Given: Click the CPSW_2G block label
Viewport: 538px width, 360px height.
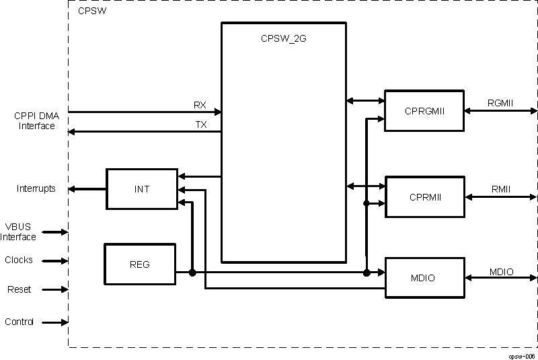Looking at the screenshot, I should (x=283, y=38).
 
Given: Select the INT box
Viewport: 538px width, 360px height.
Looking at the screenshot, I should (x=142, y=189).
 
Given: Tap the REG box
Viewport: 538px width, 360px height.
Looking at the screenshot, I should (x=139, y=264).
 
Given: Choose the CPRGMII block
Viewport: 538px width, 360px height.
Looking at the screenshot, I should (x=424, y=110).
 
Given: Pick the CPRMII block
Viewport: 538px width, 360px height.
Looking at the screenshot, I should (x=424, y=196).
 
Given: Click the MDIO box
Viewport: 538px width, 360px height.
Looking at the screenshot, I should (x=424, y=277).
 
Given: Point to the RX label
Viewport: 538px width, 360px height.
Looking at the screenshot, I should (x=200, y=105).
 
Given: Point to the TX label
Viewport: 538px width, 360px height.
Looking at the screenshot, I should (x=200, y=124).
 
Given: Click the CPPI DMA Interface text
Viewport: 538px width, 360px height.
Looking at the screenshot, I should (x=37, y=120).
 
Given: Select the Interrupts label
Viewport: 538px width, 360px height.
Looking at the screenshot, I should (x=36, y=189).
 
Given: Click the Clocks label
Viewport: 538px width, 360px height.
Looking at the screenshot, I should (x=19, y=260).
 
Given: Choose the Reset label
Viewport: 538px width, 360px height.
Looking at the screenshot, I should (x=19, y=289).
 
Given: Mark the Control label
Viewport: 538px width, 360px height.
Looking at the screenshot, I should (x=20, y=322).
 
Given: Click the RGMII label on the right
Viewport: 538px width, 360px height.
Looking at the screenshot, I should (x=500, y=103).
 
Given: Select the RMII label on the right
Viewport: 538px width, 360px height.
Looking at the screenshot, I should (x=500, y=190).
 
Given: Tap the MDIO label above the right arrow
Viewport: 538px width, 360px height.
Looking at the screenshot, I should (x=501, y=272).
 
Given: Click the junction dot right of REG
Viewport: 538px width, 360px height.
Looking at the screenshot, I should (x=192, y=273).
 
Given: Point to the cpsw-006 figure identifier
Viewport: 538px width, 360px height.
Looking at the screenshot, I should (x=522, y=355).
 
